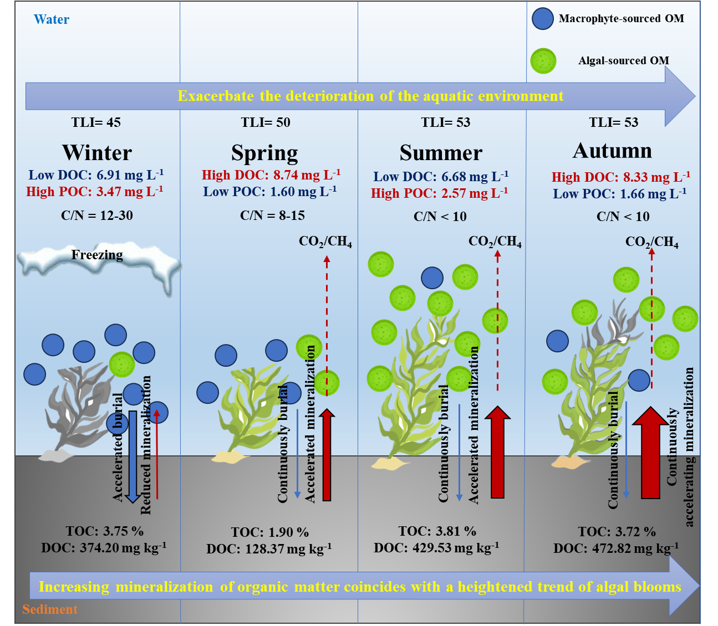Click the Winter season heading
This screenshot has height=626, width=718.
pyautogui.click(x=97, y=152)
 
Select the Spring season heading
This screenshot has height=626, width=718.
pyautogui.click(x=264, y=153)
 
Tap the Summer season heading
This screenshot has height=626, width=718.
pyautogui.click(x=441, y=153)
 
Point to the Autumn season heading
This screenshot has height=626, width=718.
pyautogui.click(x=612, y=151)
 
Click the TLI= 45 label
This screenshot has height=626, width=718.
pyautogui.click(x=96, y=122)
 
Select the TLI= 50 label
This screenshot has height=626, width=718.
pyautogui.click(x=265, y=122)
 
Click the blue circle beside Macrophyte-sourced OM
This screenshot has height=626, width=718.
pyautogui.click(x=542, y=19)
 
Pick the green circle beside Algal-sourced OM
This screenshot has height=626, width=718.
pyautogui.click(x=543, y=61)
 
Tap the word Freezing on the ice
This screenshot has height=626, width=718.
pyautogui.click(x=97, y=255)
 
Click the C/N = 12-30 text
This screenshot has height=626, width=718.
pyautogui.click(x=97, y=215)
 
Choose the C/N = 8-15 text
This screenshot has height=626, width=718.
pyautogui.click(x=272, y=215)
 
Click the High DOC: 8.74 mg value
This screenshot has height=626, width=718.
pyautogui.click(x=271, y=175)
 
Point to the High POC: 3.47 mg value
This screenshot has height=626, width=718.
pyautogui.click(x=95, y=192)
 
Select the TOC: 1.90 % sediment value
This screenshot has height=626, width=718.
pyautogui.click(x=269, y=532)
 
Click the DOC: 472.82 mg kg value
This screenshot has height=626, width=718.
pyautogui.click(x=616, y=548)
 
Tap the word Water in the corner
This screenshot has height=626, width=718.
pyautogui.click(x=52, y=19)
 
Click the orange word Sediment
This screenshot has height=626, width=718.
pyautogui.click(x=50, y=609)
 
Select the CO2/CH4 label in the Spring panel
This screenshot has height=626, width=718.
pyautogui.click(x=325, y=242)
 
